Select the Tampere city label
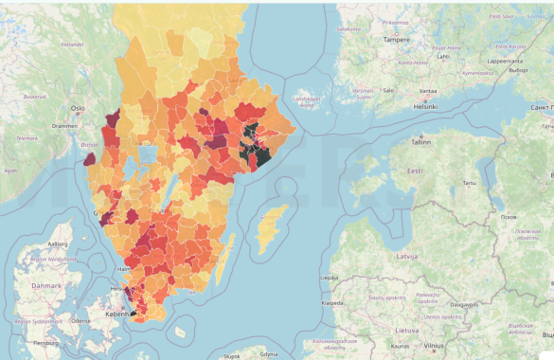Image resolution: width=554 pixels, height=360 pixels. [396, 40]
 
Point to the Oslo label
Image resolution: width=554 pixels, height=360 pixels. [78, 108]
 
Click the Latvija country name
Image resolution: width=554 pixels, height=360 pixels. [408, 258]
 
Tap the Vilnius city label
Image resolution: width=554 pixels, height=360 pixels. [434, 346]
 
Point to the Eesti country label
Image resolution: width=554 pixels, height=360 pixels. [415, 171]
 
